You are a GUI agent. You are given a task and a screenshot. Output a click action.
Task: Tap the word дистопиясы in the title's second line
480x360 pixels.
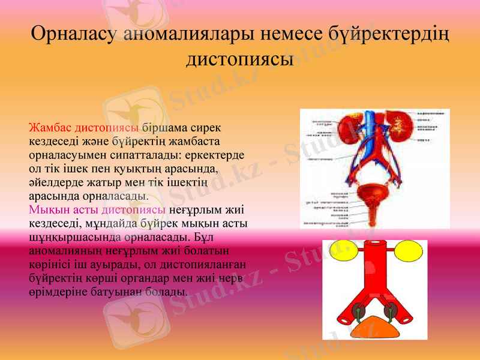coord(239,59)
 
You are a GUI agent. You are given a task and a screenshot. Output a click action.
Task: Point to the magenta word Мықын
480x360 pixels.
coord(46,210)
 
